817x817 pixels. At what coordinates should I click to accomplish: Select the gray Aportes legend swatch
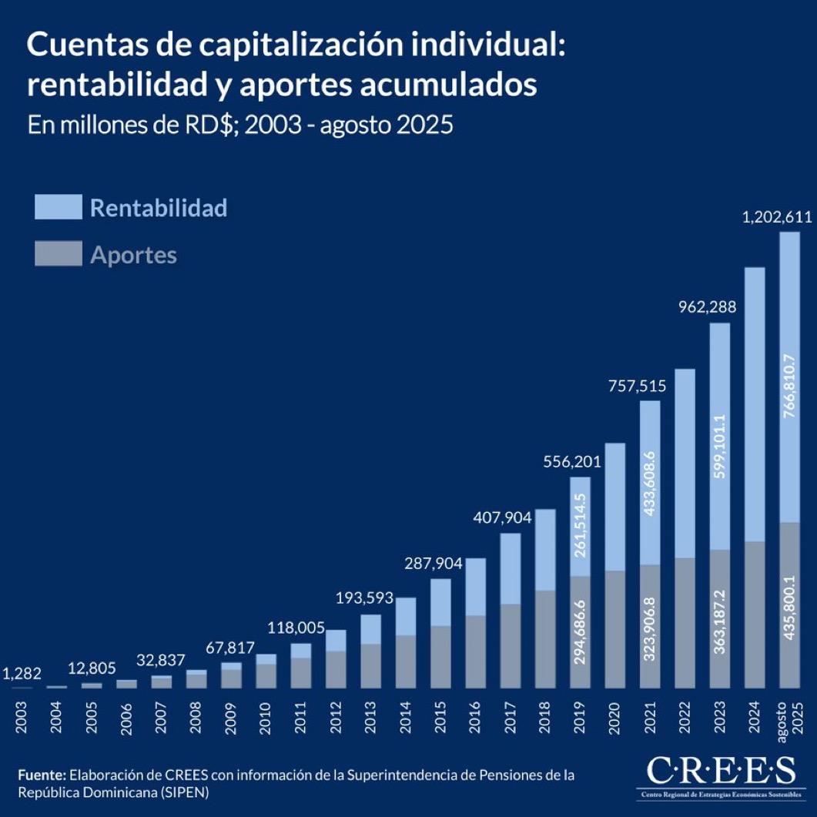tap(58, 254)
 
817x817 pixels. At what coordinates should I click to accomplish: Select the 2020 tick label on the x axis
tap(614, 716)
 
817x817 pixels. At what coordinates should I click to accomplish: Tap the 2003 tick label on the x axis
tap(22, 716)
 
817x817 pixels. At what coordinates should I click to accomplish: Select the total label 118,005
tap(296, 628)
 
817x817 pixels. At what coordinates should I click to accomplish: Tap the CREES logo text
tap(720, 769)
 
